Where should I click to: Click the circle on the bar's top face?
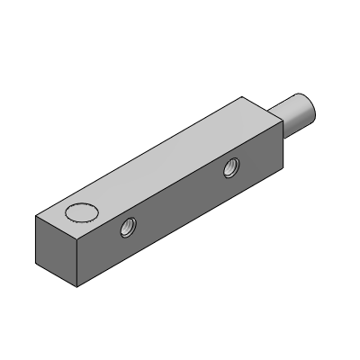tap(82, 213)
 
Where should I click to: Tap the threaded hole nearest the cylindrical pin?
tap(232, 165)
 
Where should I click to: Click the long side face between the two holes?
tap(180, 207)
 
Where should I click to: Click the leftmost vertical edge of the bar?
tap(35, 243)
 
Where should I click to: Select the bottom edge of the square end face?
tap(55, 278)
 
